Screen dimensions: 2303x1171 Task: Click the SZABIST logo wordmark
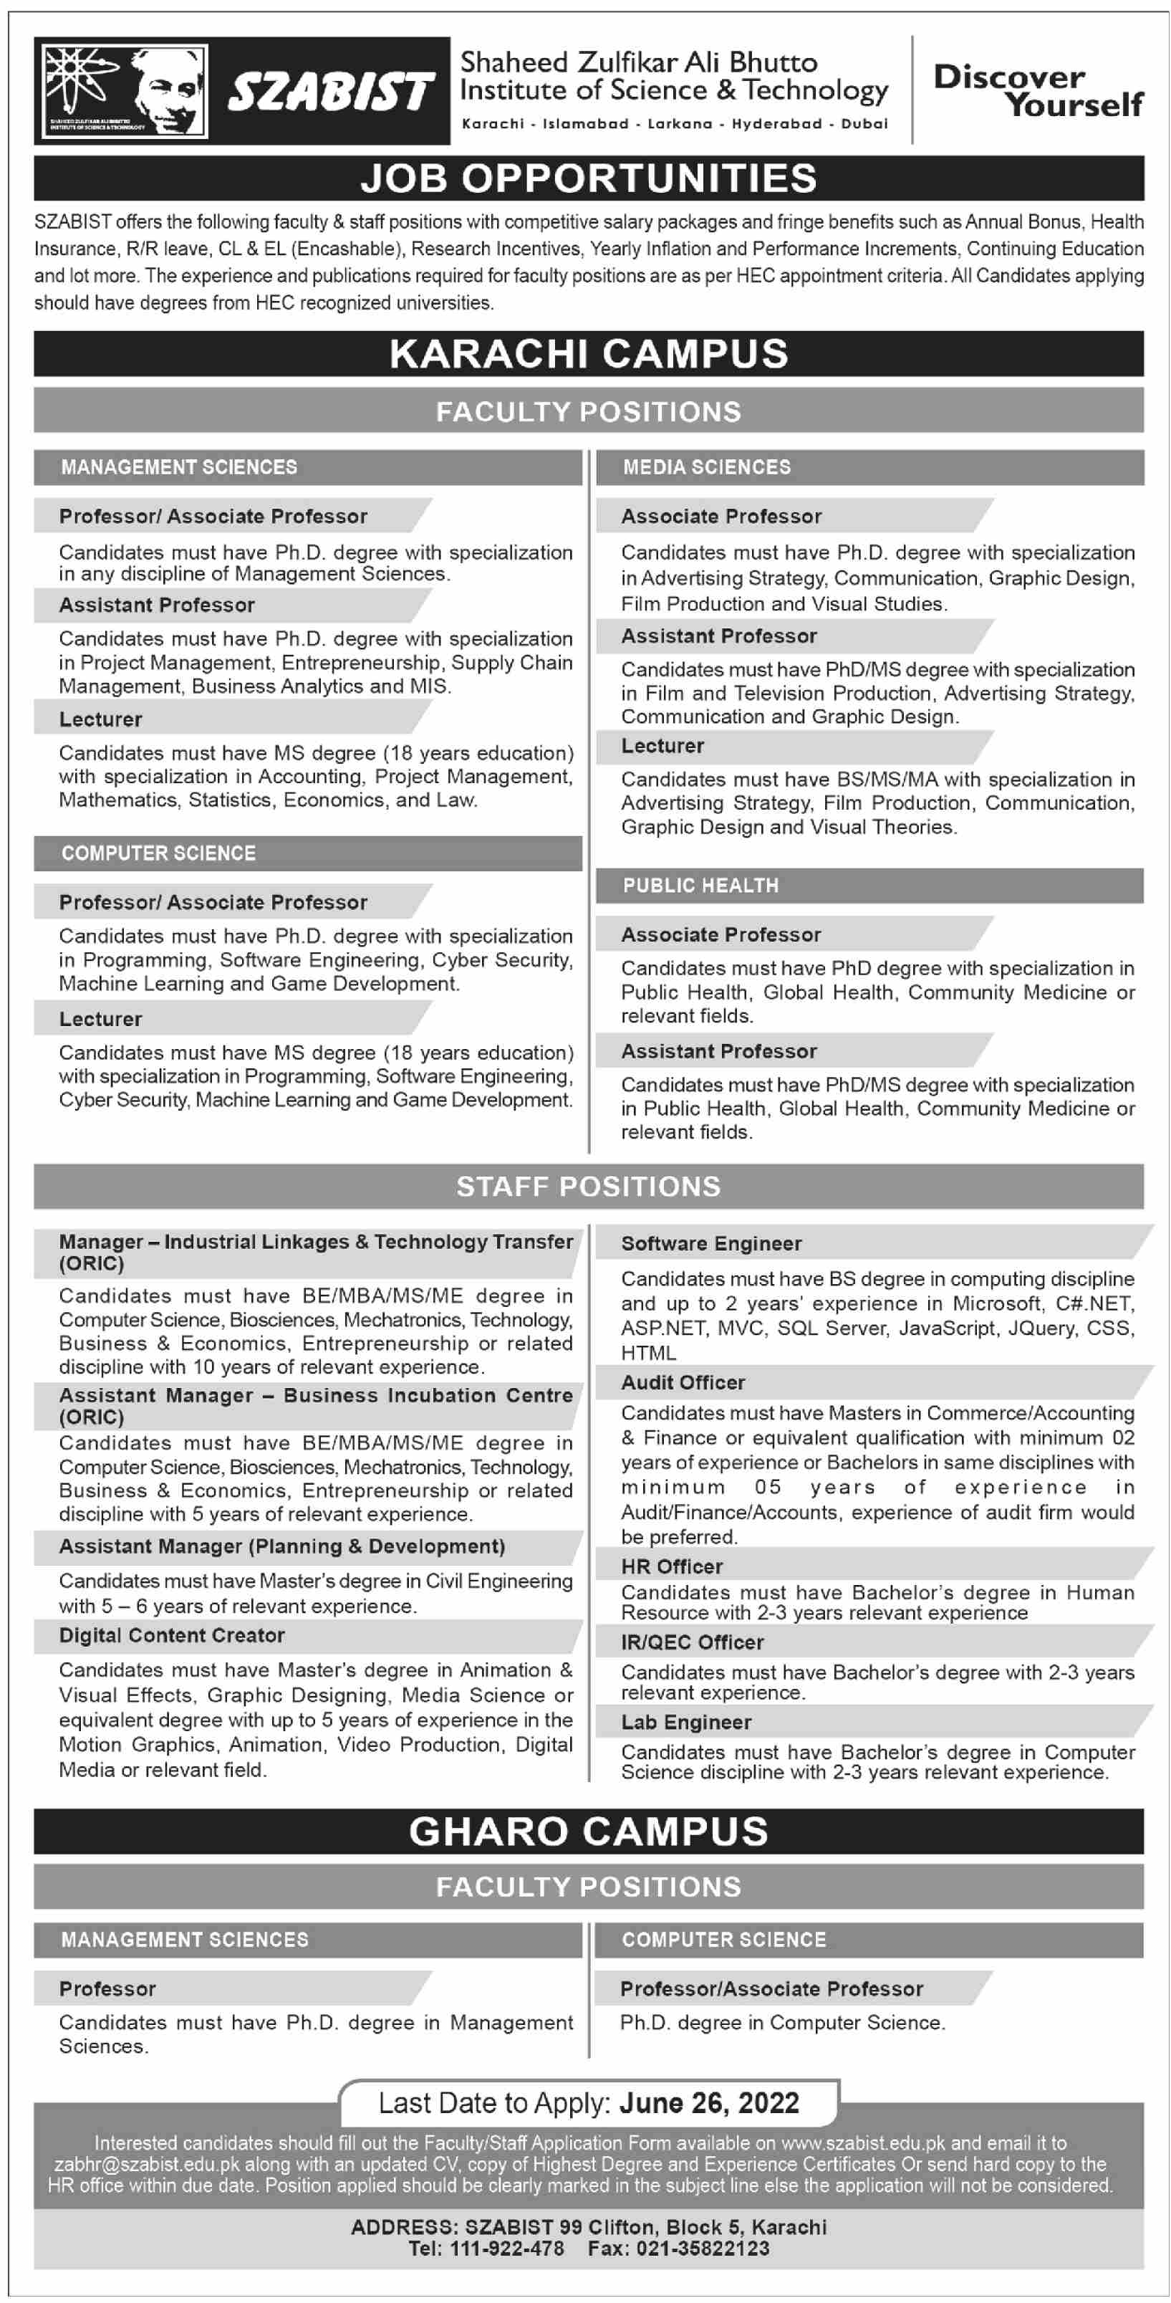coord(330,93)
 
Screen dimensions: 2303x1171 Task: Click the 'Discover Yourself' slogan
coord(1037,90)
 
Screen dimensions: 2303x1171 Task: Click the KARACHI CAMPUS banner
coord(588,354)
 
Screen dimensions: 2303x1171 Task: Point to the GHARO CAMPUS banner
coord(588,1832)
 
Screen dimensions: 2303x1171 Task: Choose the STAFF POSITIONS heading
coord(588,1187)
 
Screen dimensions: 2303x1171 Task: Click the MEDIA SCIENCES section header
coord(706,466)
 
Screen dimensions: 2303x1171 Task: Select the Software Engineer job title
coord(710,1244)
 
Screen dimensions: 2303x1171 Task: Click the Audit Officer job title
coord(683,1382)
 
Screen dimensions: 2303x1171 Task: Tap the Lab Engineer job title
coord(685,1722)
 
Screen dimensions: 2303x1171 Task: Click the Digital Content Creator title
coord(172,1635)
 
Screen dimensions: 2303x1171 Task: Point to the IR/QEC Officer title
coord(692,1642)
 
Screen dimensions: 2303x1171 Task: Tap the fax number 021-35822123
coord(702,2249)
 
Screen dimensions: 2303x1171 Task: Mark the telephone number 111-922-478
coord(507,2249)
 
